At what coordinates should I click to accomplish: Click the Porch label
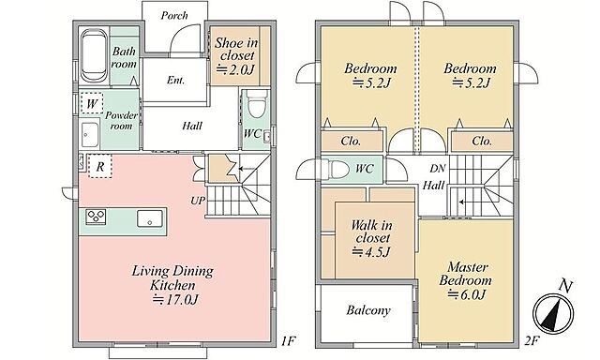pos(174,16)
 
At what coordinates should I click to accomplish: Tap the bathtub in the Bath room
pos(94,56)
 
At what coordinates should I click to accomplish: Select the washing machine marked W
pos(92,103)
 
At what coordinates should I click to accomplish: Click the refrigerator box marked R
pos(100,166)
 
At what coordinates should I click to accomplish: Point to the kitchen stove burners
pos(96,217)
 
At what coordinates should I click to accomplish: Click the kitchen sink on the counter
pos(150,218)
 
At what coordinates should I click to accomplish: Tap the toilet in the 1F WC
pos(256,104)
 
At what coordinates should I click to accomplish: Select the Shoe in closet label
pos(236,49)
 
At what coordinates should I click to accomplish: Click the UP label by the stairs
pos(198,200)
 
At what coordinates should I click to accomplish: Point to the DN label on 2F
pos(438,169)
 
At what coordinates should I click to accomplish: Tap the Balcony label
pos(368,310)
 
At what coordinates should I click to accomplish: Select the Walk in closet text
pos(371,231)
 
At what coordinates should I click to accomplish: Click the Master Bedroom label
pos(466,274)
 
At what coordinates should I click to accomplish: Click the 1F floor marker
pos(289,340)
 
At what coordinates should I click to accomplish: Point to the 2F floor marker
pos(532,340)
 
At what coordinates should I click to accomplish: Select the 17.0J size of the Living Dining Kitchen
pos(175,300)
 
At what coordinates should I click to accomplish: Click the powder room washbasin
pos(90,135)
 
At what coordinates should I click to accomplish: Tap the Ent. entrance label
pos(175,80)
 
